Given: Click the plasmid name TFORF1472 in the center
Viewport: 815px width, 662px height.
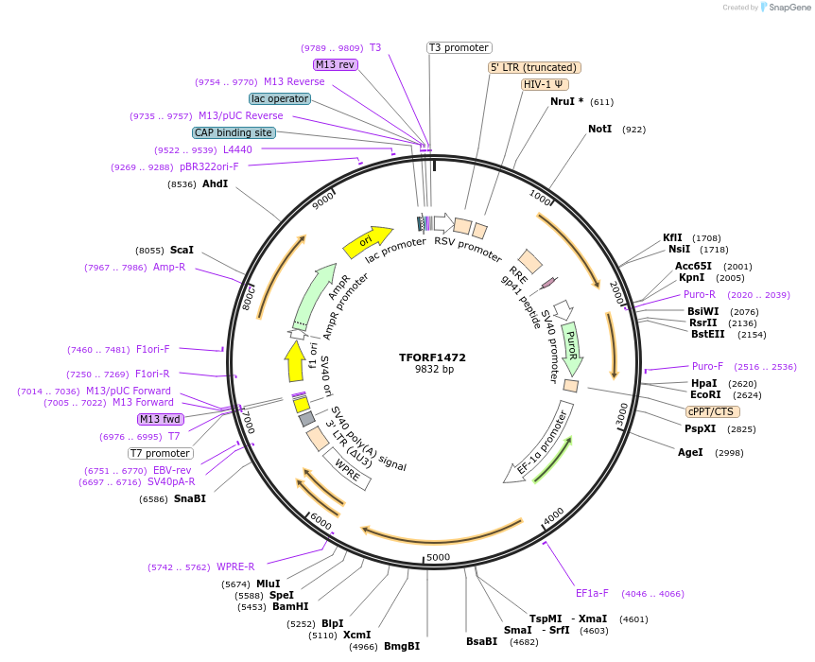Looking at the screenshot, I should [x=432, y=357].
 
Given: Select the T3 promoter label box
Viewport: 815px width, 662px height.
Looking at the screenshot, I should [x=460, y=47].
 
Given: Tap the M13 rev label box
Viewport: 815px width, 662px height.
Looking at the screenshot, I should [x=336, y=64].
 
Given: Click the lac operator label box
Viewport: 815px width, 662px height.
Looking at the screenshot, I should [x=280, y=98].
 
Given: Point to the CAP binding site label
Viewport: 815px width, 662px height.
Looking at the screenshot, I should [x=234, y=133].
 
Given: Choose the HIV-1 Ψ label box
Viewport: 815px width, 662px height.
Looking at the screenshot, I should [x=545, y=84].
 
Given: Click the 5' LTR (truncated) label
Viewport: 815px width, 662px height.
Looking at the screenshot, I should [x=534, y=67].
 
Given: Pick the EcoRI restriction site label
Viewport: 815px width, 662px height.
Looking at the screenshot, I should [x=705, y=394].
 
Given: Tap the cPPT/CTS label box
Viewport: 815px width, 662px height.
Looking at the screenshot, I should [x=713, y=411].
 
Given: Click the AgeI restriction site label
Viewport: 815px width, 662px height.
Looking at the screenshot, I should [x=690, y=452].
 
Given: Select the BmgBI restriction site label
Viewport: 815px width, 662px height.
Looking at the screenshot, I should [x=401, y=646].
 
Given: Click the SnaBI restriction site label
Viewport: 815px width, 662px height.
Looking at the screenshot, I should [x=189, y=498].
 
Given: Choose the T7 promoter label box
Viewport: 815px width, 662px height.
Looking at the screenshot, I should [x=161, y=453].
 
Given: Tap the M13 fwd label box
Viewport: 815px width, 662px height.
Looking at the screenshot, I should [x=160, y=419].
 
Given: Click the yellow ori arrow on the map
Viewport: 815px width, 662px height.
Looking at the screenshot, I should [x=368, y=241].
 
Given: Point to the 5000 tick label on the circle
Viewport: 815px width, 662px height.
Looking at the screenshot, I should [x=438, y=557].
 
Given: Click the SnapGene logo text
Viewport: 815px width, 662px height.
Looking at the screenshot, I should [x=789, y=8].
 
